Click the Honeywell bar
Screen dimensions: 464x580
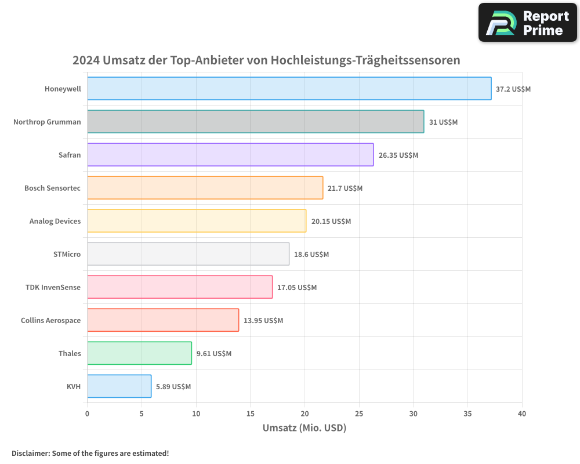click(289, 89)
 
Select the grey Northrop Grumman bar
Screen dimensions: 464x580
click(255, 122)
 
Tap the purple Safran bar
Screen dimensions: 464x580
click(230, 155)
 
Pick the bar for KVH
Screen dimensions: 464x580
click(119, 386)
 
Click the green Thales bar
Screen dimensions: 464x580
click(139, 353)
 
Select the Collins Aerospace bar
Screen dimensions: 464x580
click(163, 320)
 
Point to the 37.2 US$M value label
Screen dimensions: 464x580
click(513, 89)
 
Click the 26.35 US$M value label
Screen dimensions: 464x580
click(398, 155)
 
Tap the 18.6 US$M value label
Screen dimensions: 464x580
click(311, 255)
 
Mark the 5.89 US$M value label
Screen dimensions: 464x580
click(173, 387)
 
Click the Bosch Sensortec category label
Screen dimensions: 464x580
click(52, 188)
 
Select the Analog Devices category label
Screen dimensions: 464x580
click(55, 222)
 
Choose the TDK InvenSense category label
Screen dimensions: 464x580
click(53, 288)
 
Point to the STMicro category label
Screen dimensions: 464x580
click(67, 255)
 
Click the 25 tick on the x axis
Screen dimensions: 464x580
click(359, 414)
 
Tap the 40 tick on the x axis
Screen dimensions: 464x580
click(521, 414)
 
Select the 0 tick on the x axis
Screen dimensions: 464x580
click(88, 414)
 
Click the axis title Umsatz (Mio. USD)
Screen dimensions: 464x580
click(304, 429)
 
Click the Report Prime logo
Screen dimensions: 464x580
click(528, 23)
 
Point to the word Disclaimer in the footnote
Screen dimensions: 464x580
click(30, 454)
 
